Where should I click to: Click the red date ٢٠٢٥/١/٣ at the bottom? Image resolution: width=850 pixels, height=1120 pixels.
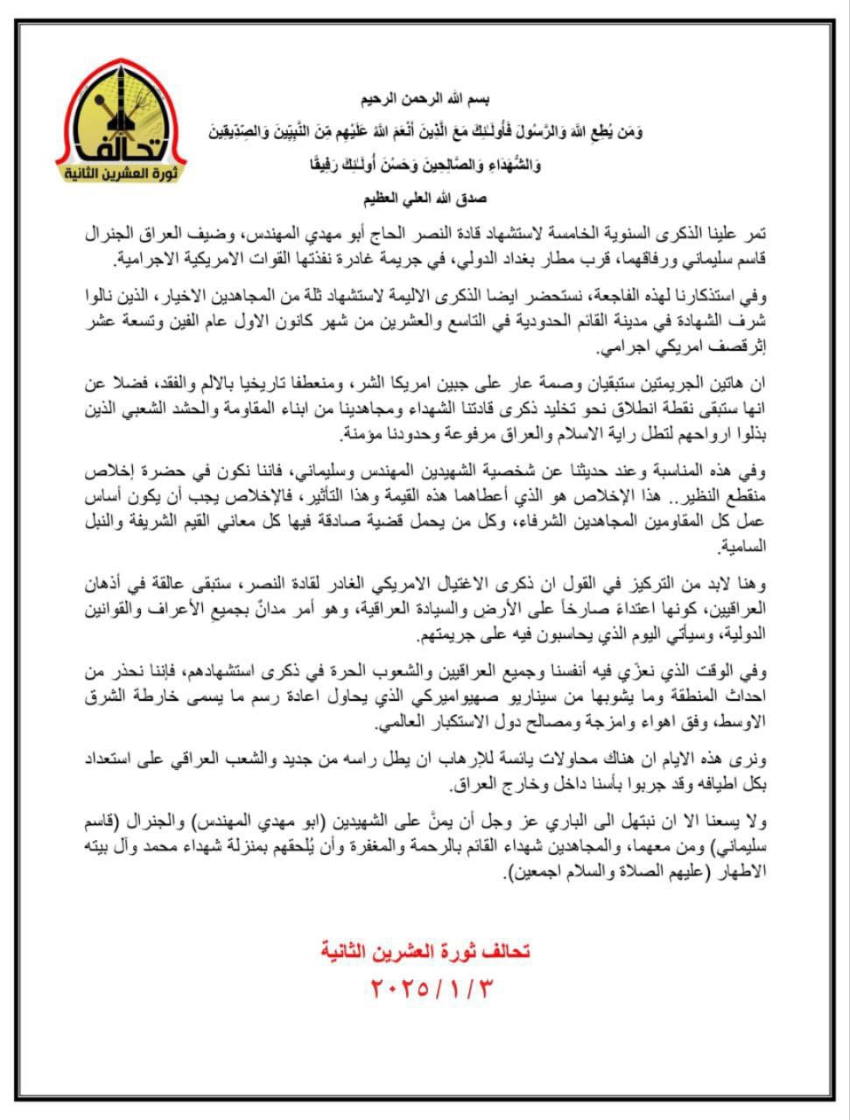(426, 989)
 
